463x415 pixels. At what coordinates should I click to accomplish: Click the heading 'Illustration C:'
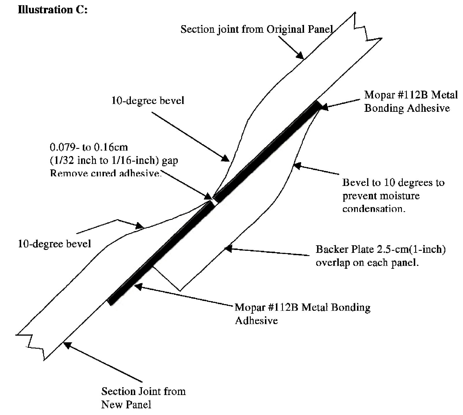(52, 10)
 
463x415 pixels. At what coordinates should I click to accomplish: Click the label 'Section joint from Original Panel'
(256, 30)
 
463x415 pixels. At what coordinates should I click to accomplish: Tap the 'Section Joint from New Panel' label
(143, 398)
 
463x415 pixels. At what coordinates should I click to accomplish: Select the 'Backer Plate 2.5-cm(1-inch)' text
(380, 249)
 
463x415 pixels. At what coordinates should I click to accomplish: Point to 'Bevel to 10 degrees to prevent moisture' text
(393, 189)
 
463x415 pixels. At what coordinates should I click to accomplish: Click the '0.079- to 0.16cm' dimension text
(89, 147)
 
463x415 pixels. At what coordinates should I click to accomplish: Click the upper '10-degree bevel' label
(148, 100)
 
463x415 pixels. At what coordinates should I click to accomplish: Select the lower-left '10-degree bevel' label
(54, 244)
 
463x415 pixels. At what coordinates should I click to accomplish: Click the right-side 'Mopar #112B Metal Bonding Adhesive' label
(411, 101)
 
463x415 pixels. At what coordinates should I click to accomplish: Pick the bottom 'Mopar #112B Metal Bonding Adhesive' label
(302, 313)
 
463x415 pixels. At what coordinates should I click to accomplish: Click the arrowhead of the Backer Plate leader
(228, 248)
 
